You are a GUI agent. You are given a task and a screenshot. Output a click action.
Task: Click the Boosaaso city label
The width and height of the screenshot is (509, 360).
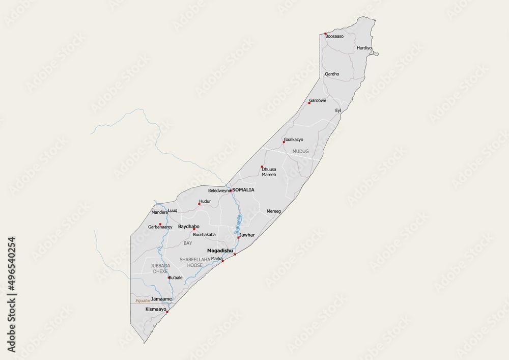pos(335,37)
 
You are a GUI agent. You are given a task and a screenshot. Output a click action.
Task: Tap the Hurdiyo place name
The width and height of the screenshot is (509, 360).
pos(364,48)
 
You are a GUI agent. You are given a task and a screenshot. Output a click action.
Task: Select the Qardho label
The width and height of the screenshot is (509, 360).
pos(332,74)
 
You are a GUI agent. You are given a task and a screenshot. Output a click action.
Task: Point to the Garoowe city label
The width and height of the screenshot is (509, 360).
pos(318,100)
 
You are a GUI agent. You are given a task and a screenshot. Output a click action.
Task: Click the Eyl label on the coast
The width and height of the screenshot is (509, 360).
pos(337,110)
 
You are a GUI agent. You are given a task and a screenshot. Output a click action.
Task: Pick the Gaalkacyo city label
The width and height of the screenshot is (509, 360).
pos(294,140)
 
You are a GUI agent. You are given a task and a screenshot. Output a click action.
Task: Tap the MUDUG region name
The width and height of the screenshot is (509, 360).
pos(300,151)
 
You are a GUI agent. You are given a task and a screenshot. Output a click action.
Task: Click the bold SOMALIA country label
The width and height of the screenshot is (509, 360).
pos(243,189)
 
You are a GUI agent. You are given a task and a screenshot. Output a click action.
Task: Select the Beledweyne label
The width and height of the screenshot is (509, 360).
pos(219,190)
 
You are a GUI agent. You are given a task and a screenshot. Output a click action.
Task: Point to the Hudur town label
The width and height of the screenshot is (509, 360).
pos(205,202)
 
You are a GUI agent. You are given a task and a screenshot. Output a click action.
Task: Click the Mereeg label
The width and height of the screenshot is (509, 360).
pos(274,211)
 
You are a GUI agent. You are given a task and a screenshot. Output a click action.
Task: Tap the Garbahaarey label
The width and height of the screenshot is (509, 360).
pos(161,227)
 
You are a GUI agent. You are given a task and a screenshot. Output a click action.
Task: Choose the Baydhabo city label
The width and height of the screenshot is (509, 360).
pos(188,226)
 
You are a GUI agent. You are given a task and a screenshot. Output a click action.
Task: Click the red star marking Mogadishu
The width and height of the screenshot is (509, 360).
pos(235,255)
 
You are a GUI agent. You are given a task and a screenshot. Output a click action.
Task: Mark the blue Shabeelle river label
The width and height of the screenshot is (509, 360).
pos(238,224)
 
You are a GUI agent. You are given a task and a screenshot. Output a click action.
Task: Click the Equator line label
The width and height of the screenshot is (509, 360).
pos(143,301)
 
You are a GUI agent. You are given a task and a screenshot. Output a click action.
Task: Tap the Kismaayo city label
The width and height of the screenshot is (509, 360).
pos(156,309)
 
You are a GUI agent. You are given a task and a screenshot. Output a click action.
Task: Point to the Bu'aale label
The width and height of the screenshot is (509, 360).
pos(175,277)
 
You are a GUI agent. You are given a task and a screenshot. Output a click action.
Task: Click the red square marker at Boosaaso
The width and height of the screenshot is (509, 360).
pos(326,34)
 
